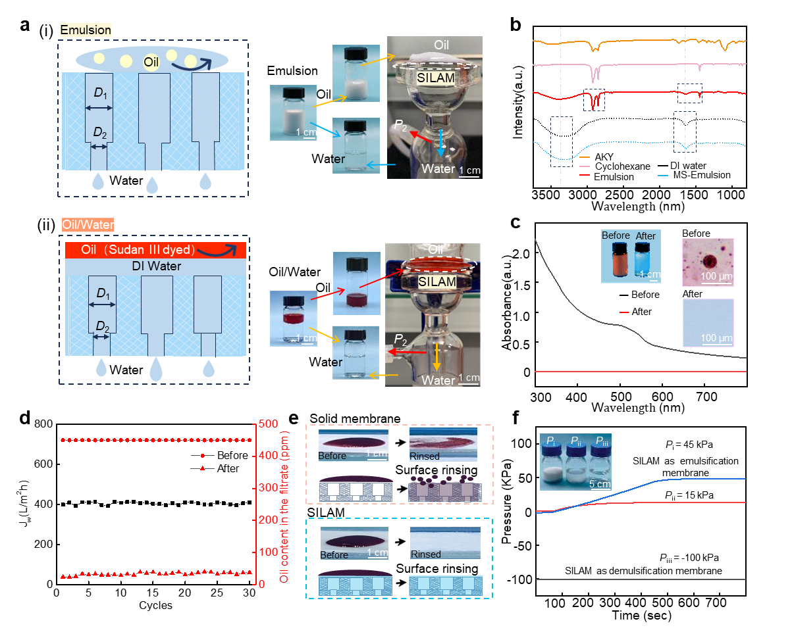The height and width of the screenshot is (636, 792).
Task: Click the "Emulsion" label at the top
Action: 86,30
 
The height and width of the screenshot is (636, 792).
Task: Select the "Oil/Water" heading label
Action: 88,225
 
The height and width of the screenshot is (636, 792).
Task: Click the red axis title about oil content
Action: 284,503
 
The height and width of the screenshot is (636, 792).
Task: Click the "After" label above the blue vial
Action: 645,235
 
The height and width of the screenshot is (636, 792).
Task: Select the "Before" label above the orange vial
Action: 616,235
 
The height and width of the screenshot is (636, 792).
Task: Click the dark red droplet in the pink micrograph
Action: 708,259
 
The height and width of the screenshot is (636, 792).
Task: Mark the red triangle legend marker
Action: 203,468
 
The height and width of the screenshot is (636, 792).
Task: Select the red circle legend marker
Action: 203,455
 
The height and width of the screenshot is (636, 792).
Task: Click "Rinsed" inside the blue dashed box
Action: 425,554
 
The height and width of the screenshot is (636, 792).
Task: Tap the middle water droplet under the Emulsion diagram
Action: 153,185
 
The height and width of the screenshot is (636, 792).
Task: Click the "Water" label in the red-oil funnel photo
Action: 438,380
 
